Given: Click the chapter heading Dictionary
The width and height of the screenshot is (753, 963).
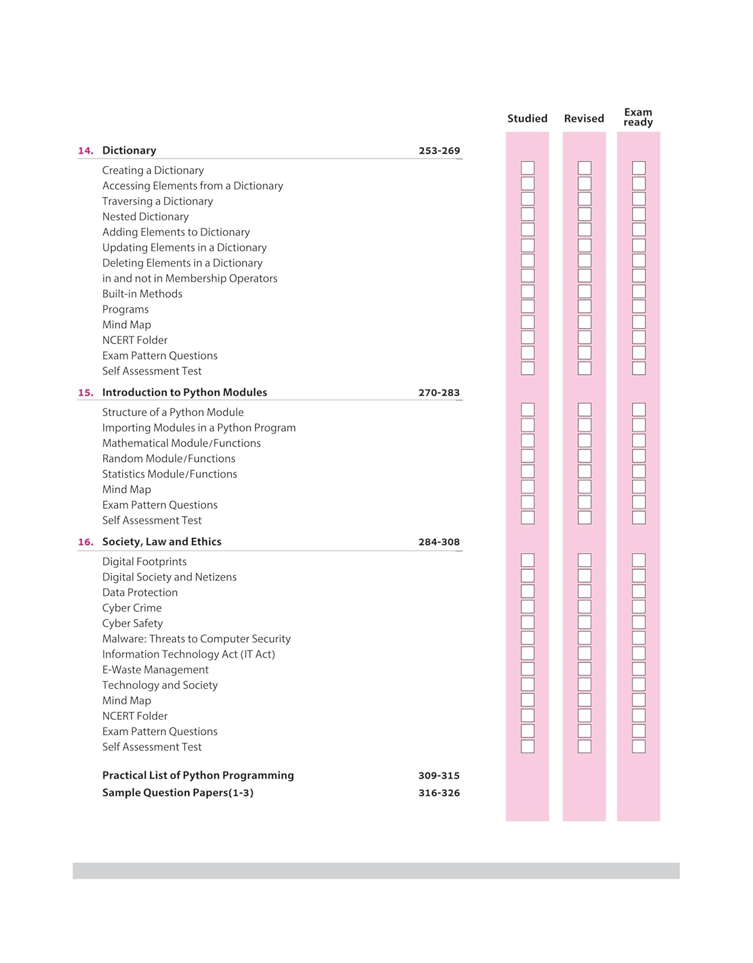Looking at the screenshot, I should [x=129, y=150].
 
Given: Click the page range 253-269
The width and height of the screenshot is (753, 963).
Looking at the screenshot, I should [x=439, y=151].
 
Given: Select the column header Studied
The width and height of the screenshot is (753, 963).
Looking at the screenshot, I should [x=527, y=118].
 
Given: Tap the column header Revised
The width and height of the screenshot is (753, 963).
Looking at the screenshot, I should [x=584, y=118].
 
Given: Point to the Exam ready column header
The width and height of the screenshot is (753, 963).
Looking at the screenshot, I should [x=638, y=117].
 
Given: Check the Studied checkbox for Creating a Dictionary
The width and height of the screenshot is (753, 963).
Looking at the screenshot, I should [x=528, y=168].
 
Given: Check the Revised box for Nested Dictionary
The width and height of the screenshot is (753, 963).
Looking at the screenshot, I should [x=584, y=214].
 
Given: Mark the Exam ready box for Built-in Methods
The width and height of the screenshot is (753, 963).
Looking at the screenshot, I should [x=639, y=291].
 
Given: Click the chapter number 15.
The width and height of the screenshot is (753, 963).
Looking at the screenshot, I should [x=85, y=393].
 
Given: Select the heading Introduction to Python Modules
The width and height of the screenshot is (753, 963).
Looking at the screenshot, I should [x=185, y=392].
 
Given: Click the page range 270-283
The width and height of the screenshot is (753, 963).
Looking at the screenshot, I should [x=439, y=393].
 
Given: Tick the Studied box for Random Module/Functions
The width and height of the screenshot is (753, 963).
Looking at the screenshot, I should [x=528, y=456].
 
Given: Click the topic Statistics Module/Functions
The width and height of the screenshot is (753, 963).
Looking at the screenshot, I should [x=169, y=474].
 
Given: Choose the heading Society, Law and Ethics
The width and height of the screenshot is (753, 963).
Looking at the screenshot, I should [x=162, y=542].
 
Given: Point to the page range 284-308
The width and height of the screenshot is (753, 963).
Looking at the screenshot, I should [x=439, y=542].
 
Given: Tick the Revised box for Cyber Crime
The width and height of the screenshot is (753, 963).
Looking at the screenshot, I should [x=584, y=607].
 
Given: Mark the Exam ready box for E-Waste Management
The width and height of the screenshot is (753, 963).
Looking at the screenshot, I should [x=639, y=668].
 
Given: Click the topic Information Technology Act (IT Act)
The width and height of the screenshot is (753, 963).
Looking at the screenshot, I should [x=189, y=654].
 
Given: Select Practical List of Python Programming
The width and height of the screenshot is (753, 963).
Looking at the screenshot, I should [x=198, y=776].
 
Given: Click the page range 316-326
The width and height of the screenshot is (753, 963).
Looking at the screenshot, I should [x=439, y=793].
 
